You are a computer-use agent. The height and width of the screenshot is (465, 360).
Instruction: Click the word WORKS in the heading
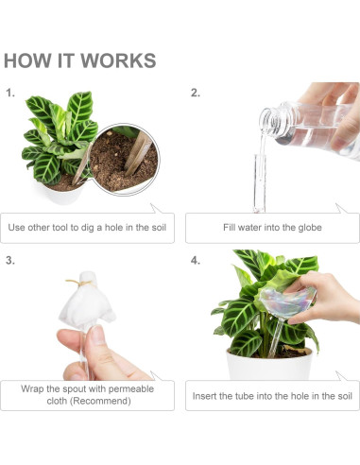[x=118, y=61]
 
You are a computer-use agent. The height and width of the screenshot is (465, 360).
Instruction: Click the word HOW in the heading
[x=26, y=61]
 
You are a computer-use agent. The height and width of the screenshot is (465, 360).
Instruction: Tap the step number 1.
[x=10, y=94]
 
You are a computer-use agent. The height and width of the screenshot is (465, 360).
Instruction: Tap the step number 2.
[x=196, y=94]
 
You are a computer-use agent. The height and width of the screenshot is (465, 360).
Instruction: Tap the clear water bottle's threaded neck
[x=271, y=117]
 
